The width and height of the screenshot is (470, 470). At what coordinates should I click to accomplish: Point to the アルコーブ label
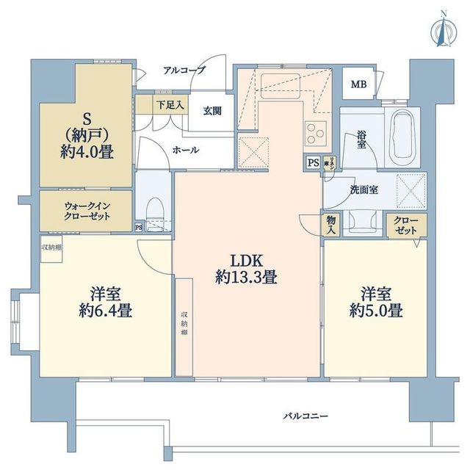coord(184,70)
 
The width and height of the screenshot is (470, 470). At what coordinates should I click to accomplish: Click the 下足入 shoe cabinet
coord(170,104)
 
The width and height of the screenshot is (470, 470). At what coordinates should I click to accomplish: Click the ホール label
coord(184,148)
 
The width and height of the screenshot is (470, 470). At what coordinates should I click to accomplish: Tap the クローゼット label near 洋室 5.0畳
coord(405,225)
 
